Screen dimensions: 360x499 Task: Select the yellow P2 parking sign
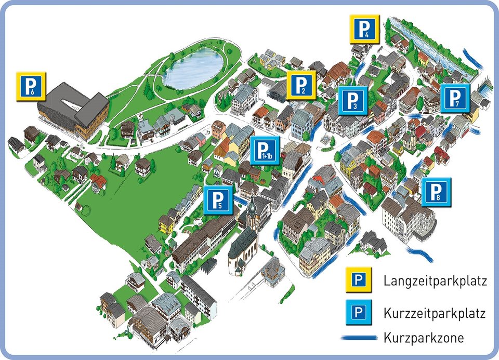tap(301, 85)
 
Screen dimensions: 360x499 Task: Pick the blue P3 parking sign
tap(353, 100)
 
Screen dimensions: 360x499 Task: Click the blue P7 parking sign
tap(455, 98)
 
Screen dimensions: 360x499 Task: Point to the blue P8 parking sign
tap(436, 192)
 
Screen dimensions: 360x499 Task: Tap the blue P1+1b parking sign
tap(265, 151)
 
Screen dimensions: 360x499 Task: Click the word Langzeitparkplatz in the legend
tap(435, 282)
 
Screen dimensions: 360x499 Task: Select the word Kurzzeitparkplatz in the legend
tap(435, 313)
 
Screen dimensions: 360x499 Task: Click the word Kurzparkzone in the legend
tap(424, 338)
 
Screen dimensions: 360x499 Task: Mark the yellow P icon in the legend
tap(358, 281)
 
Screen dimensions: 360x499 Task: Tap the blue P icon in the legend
tap(358, 313)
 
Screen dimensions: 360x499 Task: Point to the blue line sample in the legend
tap(358, 338)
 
